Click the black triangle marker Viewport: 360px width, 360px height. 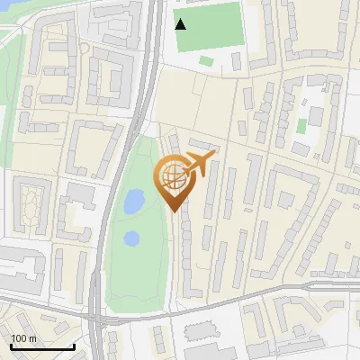[x=181, y=24]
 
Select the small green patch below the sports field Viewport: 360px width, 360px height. [x=207, y=61]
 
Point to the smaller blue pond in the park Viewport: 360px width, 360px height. [x=131, y=238]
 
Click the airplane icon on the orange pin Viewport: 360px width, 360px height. [x=199, y=164]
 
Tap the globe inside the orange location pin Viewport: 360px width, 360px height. [x=172, y=177]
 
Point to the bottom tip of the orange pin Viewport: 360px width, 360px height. [x=175, y=211]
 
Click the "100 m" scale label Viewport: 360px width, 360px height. [x=24, y=338]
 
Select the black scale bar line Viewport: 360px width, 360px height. [x=41, y=347]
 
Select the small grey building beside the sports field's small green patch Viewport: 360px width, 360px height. [x=236, y=61]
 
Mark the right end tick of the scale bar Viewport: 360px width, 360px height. [x=74, y=345]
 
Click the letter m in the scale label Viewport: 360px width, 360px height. [x=32, y=338]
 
